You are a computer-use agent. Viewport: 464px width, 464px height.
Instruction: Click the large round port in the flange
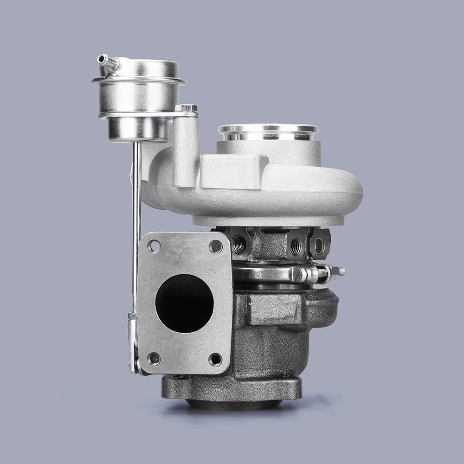point(184,303)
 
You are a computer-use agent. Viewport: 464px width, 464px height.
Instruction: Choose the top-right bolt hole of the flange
point(216,246)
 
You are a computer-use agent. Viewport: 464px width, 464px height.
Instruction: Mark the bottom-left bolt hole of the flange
point(154,358)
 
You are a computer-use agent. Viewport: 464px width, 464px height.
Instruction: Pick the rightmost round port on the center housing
point(319,245)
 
